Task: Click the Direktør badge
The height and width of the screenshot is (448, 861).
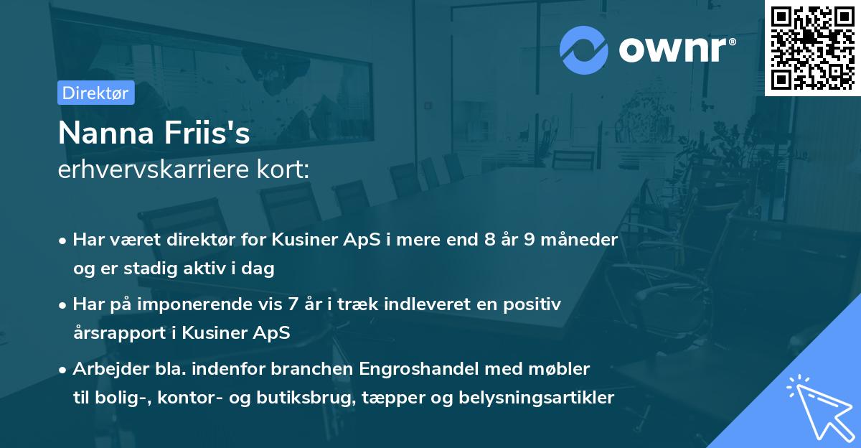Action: [95, 93]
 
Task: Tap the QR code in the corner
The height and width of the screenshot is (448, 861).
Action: [812, 48]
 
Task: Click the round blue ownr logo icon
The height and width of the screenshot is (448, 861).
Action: [584, 50]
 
